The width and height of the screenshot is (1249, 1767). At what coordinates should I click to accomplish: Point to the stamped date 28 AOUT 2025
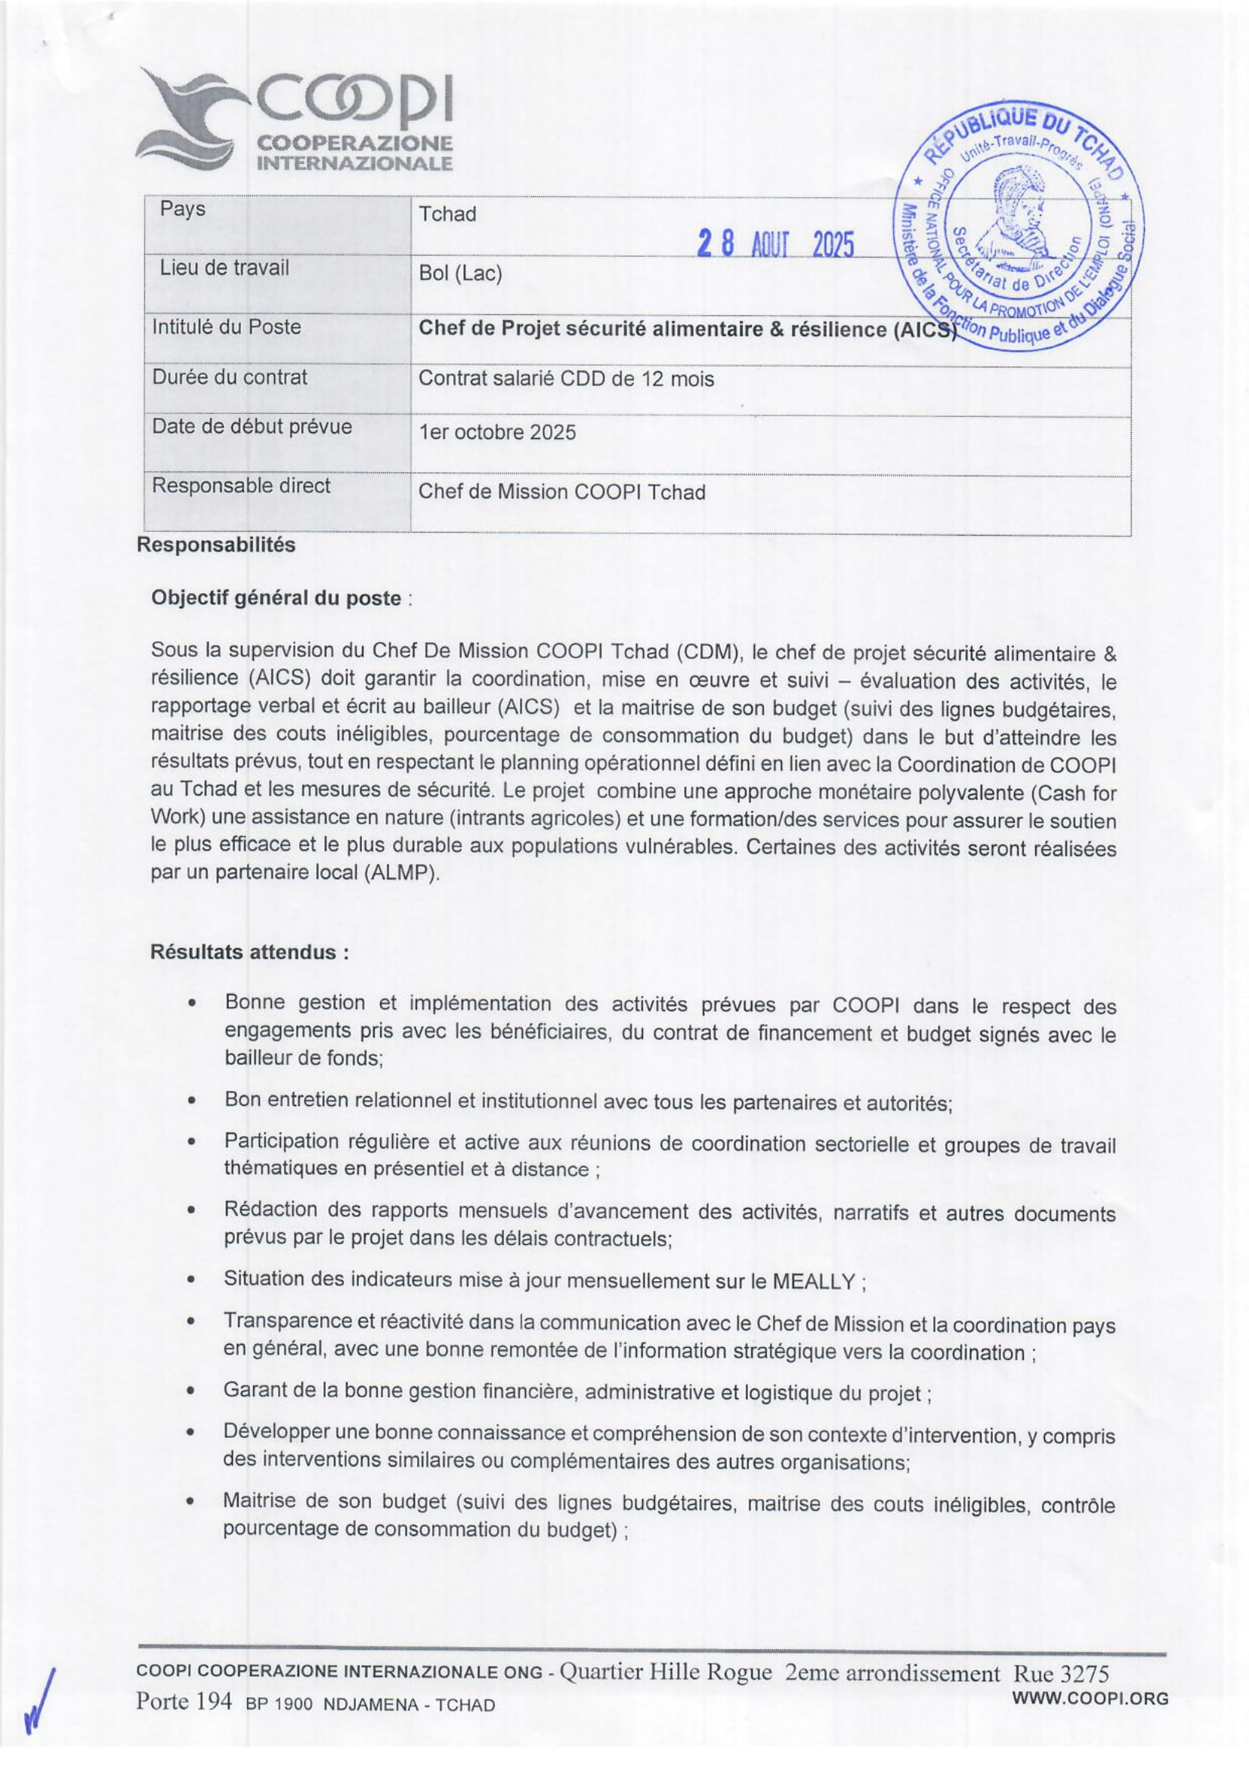pyautogui.click(x=776, y=246)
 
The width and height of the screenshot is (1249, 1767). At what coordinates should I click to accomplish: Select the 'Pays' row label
pyautogui.click(x=182, y=209)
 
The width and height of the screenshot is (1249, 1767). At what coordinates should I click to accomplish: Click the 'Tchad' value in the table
pyautogui.click(x=447, y=214)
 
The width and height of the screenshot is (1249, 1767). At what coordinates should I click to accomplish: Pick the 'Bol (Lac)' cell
pyautogui.click(x=460, y=274)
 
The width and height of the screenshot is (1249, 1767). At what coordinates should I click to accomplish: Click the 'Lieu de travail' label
pyautogui.click(x=224, y=268)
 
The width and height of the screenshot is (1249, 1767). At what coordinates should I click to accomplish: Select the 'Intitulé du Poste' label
pyautogui.click(x=226, y=327)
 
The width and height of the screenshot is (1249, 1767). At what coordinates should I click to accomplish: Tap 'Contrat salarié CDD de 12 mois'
pyautogui.click(x=566, y=378)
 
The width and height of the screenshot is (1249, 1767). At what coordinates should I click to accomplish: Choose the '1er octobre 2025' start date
pyautogui.click(x=496, y=432)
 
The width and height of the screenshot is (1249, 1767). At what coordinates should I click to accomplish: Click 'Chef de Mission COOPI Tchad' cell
pyautogui.click(x=561, y=492)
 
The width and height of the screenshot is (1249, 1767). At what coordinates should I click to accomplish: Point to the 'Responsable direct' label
pyautogui.click(x=241, y=486)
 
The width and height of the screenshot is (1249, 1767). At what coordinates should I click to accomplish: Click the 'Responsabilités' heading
pyautogui.click(x=215, y=545)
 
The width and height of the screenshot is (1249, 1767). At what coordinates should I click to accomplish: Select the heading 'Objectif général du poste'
pyautogui.click(x=277, y=598)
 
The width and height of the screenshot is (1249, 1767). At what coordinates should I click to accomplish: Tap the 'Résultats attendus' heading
pyautogui.click(x=249, y=952)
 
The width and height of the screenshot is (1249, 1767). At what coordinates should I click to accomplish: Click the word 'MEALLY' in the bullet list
pyautogui.click(x=814, y=1282)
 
